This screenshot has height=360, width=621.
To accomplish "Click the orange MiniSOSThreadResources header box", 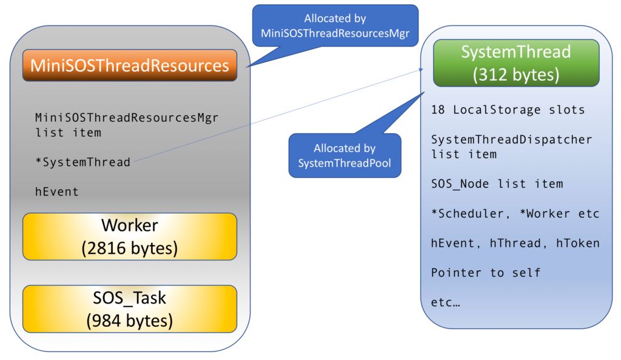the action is (x=130, y=65).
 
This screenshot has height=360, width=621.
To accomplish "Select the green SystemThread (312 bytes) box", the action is (x=516, y=63).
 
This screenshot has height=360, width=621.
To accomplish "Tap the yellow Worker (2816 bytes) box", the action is (x=130, y=236).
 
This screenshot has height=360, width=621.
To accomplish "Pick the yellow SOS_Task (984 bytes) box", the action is (x=130, y=309).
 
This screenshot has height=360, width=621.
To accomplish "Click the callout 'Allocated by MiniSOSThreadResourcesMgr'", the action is (x=335, y=25).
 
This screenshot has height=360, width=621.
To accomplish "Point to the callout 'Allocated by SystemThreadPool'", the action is (x=344, y=156).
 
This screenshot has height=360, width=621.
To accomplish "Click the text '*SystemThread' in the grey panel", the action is (x=82, y=162).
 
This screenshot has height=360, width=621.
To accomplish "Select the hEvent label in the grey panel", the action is (x=57, y=192).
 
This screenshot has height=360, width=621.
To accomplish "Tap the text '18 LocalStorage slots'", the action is (x=508, y=110).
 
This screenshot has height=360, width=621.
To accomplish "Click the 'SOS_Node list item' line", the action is (x=497, y=184).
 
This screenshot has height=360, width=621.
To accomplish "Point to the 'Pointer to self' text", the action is (x=486, y=273).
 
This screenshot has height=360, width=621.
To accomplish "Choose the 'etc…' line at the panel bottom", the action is (x=446, y=302).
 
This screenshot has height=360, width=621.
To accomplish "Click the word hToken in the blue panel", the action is (x=578, y=243).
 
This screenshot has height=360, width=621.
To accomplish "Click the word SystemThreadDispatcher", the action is (x=512, y=139).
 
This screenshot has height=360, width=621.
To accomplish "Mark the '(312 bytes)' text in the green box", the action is (x=516, y=75).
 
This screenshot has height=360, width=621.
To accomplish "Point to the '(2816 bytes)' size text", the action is (x=130, y=248).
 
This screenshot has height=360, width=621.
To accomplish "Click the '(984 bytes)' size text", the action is (x=130, y=321).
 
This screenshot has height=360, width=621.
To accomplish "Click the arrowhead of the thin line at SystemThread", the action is (x=422, y=70).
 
